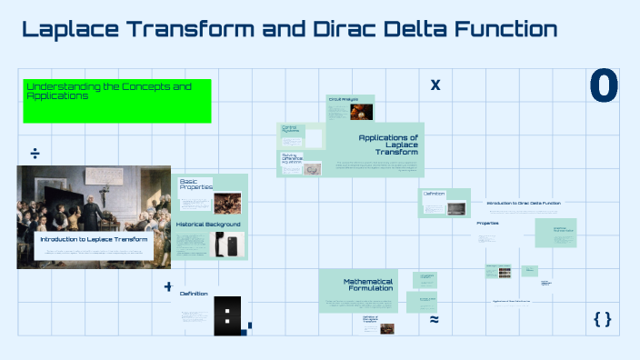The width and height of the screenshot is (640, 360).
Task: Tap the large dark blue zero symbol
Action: pyautogui.click(x=604, y=86)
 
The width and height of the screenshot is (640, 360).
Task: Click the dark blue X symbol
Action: pyautogui.click(x=435, y=85)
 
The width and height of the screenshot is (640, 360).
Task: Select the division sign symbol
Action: pyautogui.click(x=35, y=151)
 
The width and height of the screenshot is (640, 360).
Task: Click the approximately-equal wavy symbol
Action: pyautogui.click(x=434, y=320)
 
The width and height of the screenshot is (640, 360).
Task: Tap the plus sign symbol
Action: pyautogui.click(x=168, y=286)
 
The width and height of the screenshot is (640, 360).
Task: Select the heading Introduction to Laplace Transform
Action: pyautogui.click(x=94, y=239)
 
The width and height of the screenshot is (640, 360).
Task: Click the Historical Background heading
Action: pyautogui.click(x=208, y=224)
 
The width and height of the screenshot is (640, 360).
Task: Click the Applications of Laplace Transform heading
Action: pyautogui.click(x=388, y=145)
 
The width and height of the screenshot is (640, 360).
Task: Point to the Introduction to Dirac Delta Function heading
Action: pyautogui.click(x=524, y=203)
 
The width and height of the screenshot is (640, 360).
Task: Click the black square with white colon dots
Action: pyautogui.click(x=227, y=315)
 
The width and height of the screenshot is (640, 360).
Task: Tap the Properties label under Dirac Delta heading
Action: pyautogui.click(x=488, y=223)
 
